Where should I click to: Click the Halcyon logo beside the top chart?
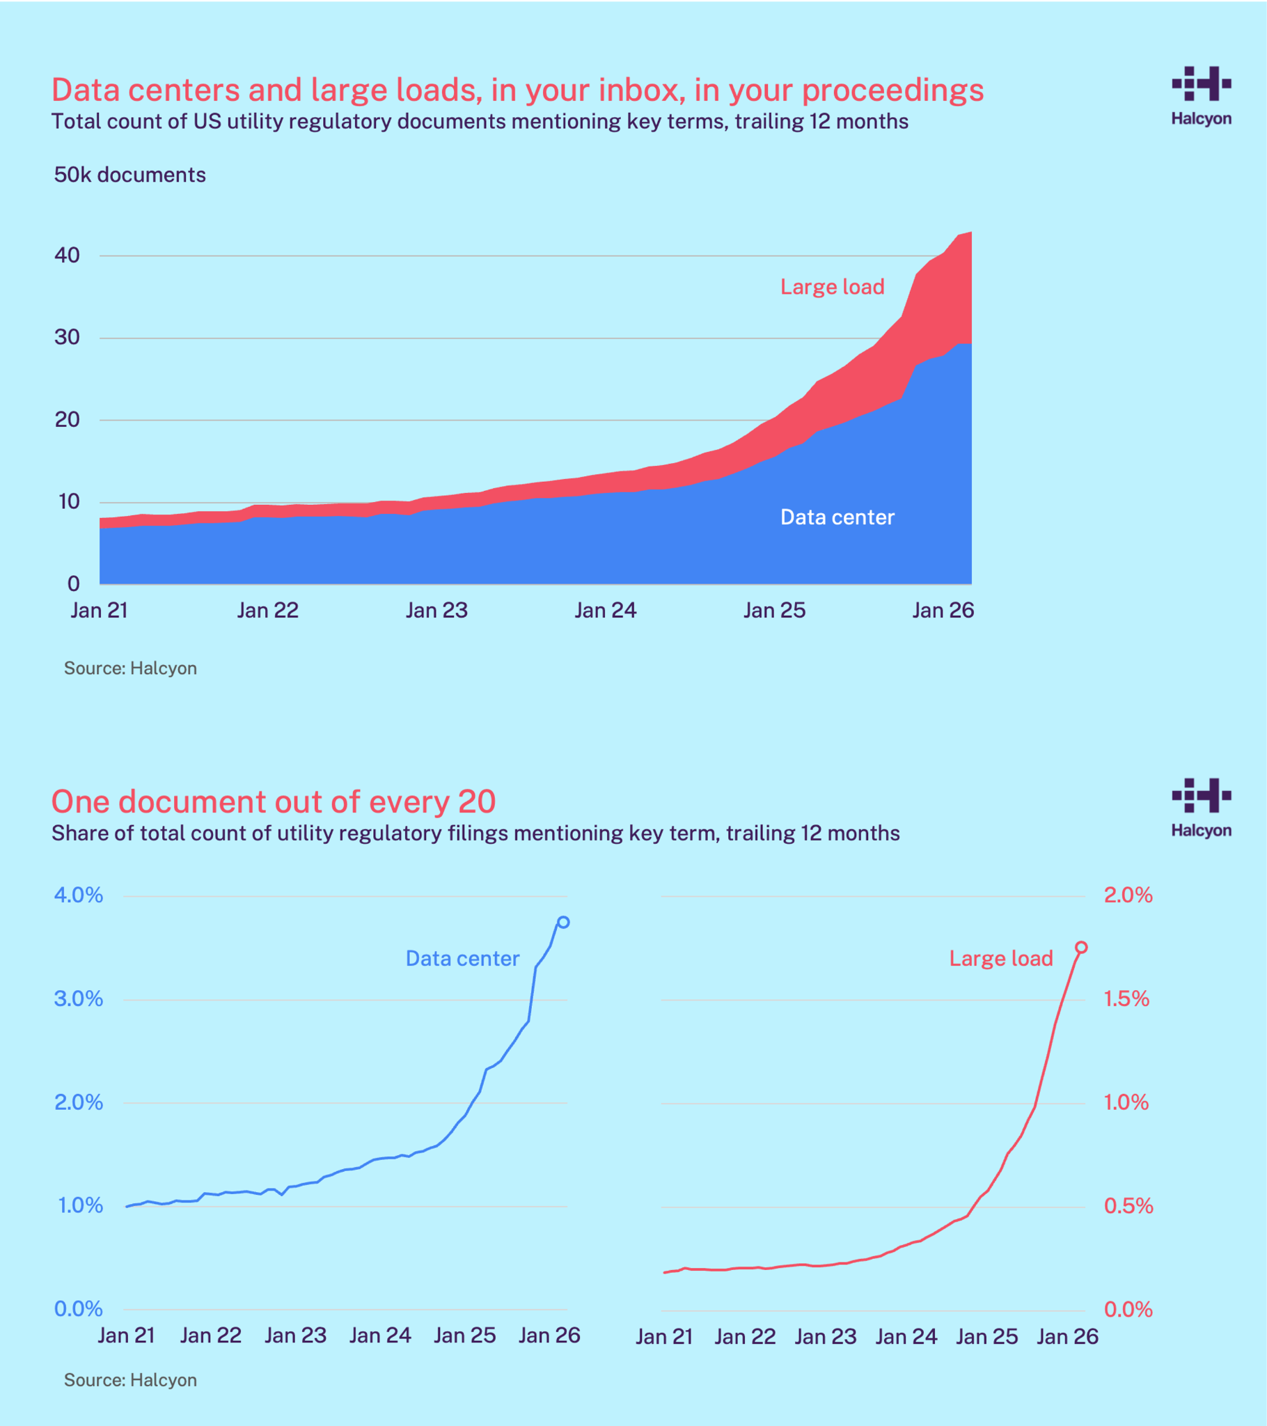coord(1201,95)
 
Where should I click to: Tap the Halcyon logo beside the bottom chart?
coord(1201,807)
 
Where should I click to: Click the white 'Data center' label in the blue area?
coord(837,517)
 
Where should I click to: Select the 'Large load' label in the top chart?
coord(832,287)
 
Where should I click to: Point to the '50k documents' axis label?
coord(129,174)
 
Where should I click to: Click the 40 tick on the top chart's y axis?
coord(67,256)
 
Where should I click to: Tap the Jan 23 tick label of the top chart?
coord(436,611)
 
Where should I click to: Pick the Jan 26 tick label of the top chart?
coord(943,611)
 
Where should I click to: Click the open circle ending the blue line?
coord(563,923)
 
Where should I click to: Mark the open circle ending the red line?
coord(1080,948)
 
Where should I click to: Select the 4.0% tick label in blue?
coord(78,895)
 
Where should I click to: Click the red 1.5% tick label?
coord(1126,998)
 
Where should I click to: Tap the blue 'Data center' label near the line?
coord(462,959)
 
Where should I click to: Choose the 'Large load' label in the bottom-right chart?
coord(1000,959)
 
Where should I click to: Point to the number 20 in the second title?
coord(477,801)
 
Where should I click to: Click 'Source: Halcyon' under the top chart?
coord(130,668)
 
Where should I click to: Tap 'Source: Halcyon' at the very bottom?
coord(130,1380)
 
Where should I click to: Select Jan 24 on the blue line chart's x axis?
coord(379,1335)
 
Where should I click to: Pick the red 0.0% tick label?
coord(1128,1309)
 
